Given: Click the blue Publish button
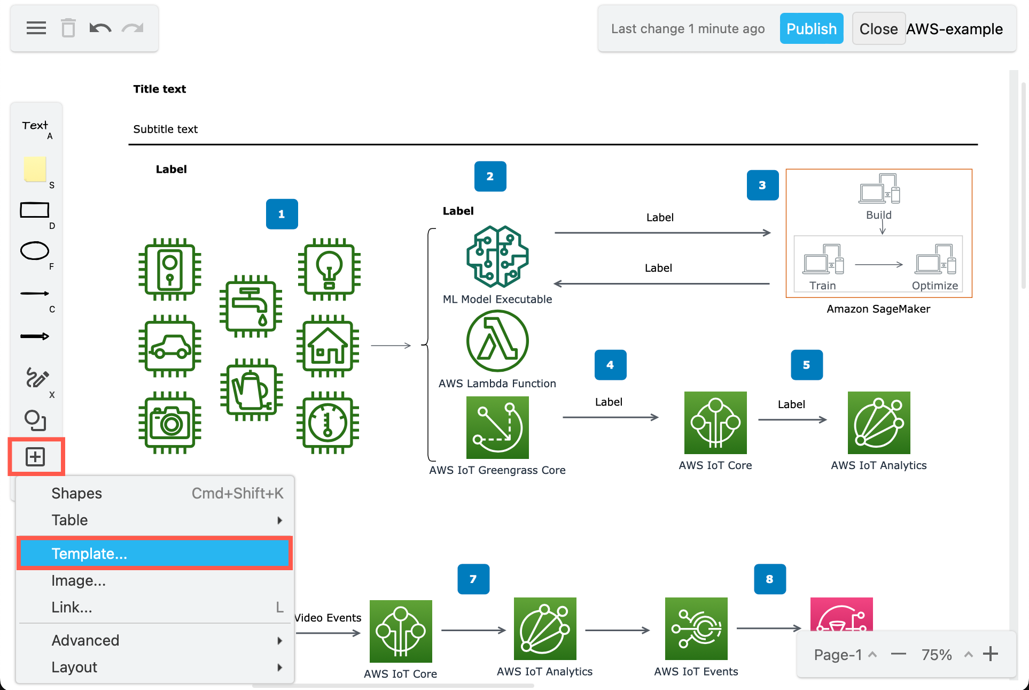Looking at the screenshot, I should coord(811,29).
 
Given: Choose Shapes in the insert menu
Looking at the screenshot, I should coord(77,493).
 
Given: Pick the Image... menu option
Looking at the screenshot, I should coord(79,580).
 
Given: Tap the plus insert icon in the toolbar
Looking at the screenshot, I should coord(36,457).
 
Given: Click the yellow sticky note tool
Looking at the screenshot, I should coord(35,169).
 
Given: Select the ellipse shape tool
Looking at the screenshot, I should coord(35,251).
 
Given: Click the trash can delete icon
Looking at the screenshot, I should coord(68,28).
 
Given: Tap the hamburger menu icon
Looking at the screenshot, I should coord(36,28).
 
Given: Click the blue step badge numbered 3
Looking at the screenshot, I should coord(762,185).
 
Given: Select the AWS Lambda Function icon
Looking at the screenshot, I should coord(497,341).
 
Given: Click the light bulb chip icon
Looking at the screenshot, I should coord(329,269).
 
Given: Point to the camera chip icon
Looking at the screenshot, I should coord(170,423).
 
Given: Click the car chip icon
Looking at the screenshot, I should coord(170,346).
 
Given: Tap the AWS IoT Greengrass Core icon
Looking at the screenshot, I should coord(497,427).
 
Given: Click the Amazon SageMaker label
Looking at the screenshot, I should coord(878,309).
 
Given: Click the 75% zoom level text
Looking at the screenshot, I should coord(937,655).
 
